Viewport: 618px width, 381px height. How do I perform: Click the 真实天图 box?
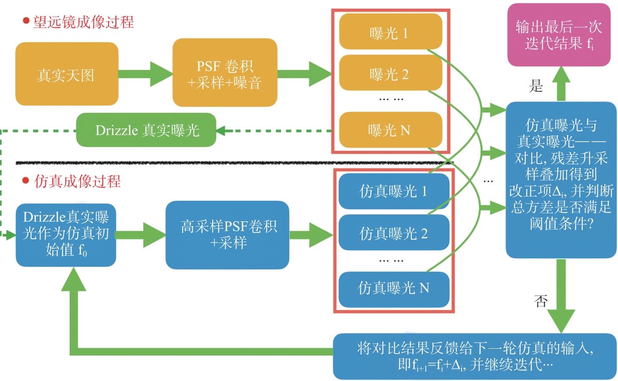pyautogui.click(x=67, y=74)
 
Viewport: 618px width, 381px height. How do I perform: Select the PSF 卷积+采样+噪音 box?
pyautogui.click(x=225, y=73)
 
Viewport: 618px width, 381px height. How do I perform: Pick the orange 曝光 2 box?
pyautogui.click(x=390, y=73)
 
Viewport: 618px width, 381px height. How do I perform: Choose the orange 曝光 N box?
pyautogui.click(x=390, y=130)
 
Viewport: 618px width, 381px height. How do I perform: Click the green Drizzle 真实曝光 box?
pyautogui.click(x=146, y=130)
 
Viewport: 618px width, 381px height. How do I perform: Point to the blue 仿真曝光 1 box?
pyautogui.click(x=394, y=191)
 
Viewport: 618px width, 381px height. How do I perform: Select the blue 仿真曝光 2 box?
pyautogui.click(x=394, y=233)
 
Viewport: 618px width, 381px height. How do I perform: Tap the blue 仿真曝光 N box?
pyautogui.click(x=394, y=288)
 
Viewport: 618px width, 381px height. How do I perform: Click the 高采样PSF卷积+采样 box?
pyautogui.click(x=227, y=235)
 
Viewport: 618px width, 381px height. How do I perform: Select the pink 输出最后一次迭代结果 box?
pyautogui.click(x=559, y=35)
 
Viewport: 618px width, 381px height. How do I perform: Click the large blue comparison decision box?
pyautogui.click(x=561, y=179)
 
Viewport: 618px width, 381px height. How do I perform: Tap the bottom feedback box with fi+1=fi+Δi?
pyautogui.click(x=475, y=357)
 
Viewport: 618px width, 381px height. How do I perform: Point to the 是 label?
pyautogui.click(x=536, y=86)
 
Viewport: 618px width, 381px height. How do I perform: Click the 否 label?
pyautogui.click(x=541, y=301)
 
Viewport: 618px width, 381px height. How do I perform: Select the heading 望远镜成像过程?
pyautogui.click(x=83, y=22)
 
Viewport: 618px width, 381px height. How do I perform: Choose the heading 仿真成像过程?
pyautogui.click(x=77, y=181)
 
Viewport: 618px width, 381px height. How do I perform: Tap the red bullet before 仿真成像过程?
pyautogui.click(x=26, y=181)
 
